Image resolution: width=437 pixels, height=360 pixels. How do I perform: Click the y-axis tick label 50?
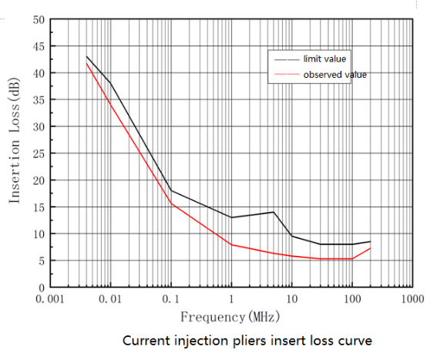(38, 19)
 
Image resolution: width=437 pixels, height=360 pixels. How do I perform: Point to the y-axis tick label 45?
(38, 46)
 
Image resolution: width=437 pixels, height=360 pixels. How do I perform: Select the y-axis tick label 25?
(38, 153)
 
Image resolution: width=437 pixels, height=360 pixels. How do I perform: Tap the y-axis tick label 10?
(38, 234)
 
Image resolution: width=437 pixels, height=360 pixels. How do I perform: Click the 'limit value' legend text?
(325, 58)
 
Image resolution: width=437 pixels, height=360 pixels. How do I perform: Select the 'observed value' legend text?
(334, 74)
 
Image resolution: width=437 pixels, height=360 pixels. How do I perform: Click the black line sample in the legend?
(283, 58)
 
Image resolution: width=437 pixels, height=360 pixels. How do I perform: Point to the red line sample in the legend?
(283, 75)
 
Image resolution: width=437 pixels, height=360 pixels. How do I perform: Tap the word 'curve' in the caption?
(354, 339)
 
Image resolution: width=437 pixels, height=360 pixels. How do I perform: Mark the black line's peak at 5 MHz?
(273, 212)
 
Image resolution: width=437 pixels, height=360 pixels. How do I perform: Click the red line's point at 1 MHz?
(231, 244)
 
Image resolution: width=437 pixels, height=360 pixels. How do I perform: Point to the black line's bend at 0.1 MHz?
(171, 190)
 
